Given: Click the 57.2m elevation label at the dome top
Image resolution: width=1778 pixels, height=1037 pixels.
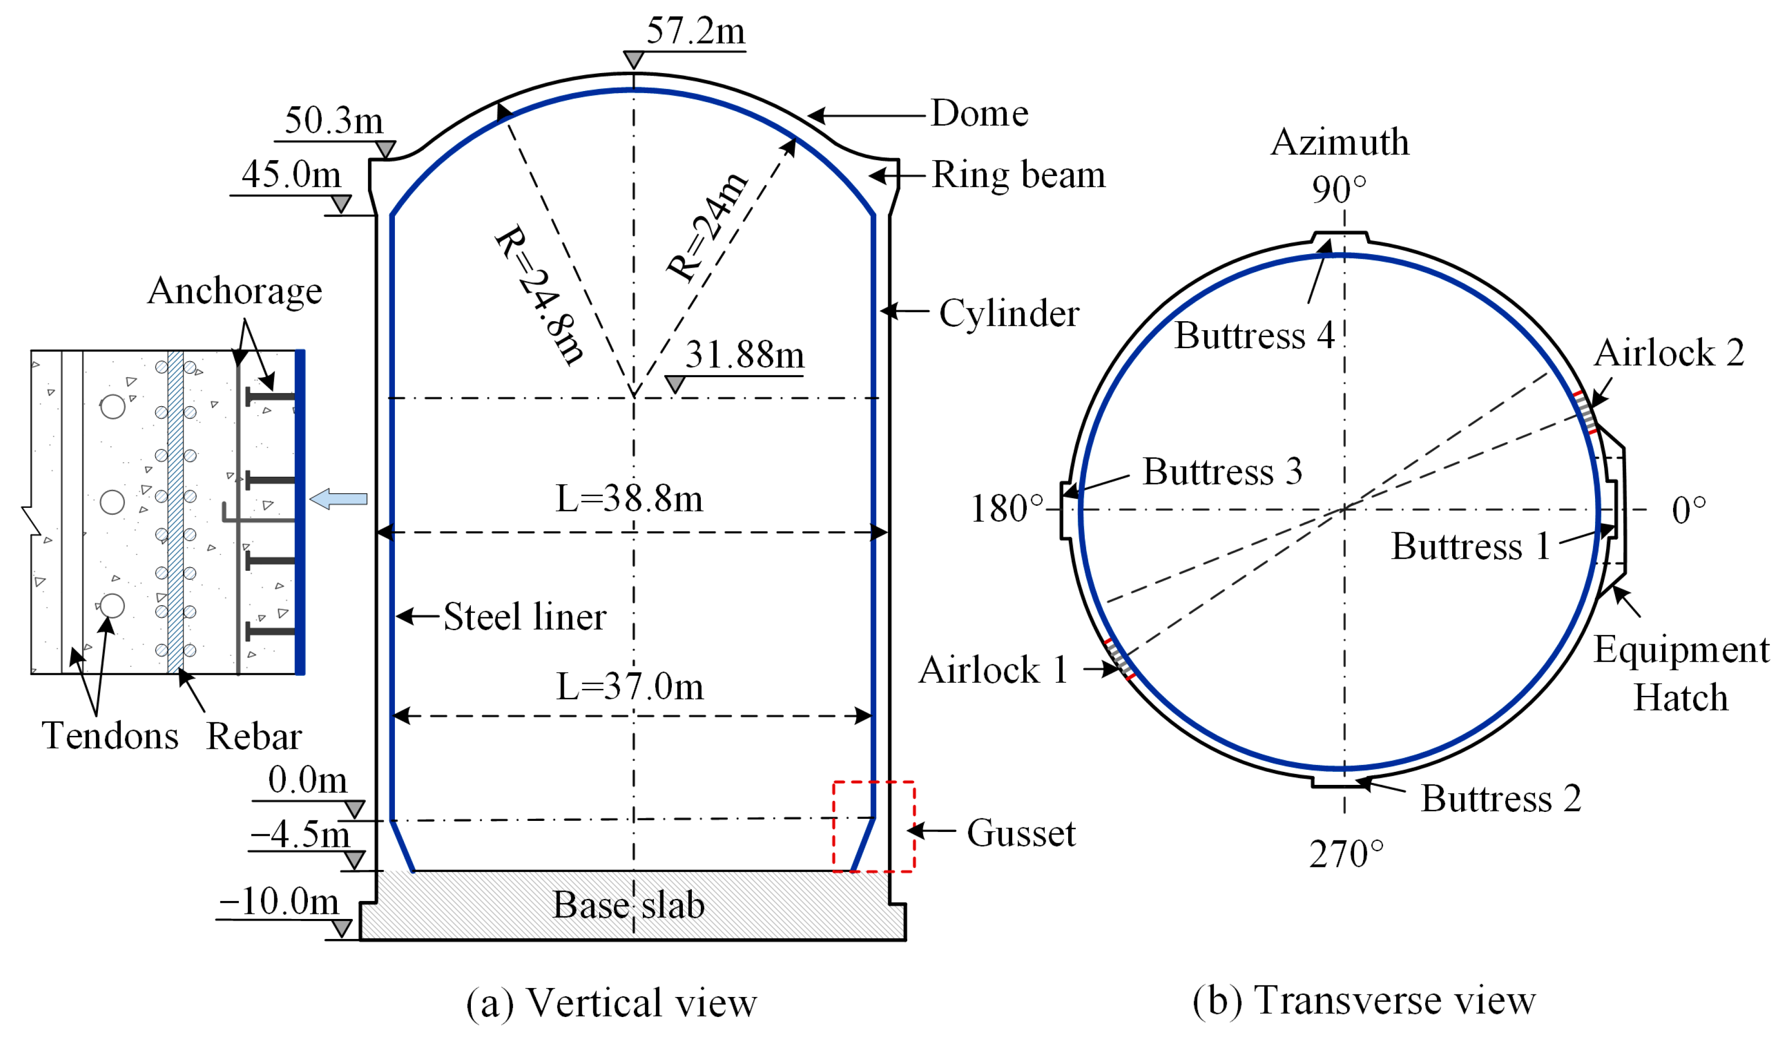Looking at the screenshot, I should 695,32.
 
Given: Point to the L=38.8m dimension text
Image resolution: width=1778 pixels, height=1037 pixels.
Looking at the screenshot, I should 629,499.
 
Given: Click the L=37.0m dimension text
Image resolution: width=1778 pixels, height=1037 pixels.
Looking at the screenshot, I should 629,687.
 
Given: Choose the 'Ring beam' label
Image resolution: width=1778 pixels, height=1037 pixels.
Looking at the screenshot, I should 1018,175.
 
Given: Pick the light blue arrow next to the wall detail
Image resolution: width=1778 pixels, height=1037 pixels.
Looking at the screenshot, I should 339,499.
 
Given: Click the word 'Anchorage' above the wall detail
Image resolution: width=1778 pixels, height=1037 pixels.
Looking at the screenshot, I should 235,291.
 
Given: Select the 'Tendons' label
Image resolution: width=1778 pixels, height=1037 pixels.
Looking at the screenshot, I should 110,736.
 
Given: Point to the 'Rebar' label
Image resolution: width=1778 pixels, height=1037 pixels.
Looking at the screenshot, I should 254,737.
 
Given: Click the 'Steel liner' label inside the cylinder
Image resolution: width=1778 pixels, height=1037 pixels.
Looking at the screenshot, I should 524,617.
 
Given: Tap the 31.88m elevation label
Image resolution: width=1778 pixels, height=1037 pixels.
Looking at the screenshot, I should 744,355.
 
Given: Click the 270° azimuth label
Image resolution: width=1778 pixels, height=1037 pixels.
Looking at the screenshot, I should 1346,855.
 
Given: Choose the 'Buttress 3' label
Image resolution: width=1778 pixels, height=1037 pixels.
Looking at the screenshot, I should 1222,472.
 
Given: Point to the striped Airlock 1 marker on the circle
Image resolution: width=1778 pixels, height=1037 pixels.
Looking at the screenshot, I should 1120,659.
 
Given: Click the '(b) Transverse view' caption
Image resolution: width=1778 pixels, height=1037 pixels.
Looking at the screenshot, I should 1364,1001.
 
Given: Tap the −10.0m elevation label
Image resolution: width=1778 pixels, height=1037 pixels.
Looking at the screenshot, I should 279,902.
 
